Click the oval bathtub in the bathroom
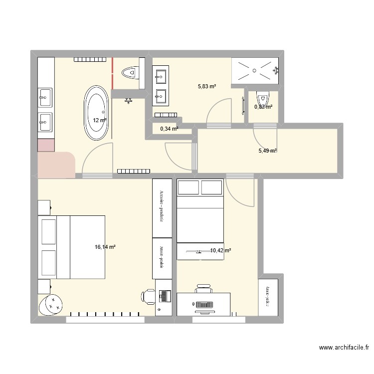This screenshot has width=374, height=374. tap(97, 114)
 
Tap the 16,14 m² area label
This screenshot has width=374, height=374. tap(105, 246)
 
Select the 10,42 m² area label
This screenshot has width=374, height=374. tap(220, 251)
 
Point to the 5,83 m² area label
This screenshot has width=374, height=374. tap(206, 86)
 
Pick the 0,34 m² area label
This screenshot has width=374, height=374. tap(169, 129)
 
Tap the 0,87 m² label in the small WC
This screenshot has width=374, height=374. tap(263, 107)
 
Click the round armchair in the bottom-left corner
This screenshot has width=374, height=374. tap(51, 304)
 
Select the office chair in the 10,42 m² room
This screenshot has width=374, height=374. tap(203, 289)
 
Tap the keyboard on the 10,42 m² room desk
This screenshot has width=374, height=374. tap(203, 304)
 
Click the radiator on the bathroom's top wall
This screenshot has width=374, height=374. tap(90, 60)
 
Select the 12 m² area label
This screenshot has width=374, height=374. tap(99, 120)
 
